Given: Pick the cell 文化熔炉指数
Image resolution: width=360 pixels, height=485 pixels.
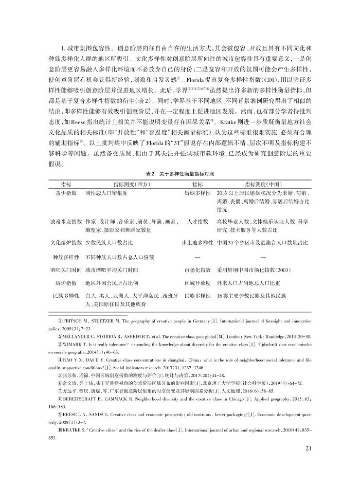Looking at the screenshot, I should click(x=65, y=242).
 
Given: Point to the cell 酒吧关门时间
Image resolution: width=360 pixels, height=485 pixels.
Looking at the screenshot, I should click(x=65, y=269).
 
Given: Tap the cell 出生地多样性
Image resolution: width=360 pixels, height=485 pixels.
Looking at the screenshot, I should click(x=197, y=242).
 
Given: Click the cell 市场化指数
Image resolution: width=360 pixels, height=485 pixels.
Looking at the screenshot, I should click(x=197, y=269).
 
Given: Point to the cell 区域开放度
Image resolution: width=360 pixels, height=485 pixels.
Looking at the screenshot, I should click(x=197, y=283).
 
